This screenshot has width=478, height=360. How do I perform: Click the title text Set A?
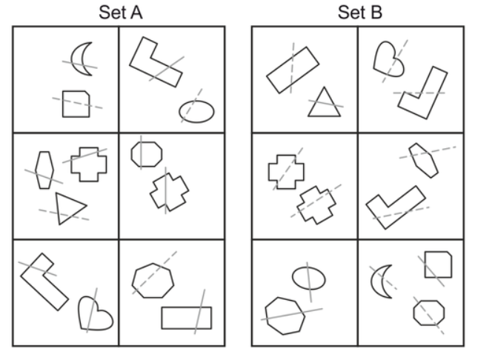[118, 13]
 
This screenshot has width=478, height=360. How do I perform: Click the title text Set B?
[359, 13]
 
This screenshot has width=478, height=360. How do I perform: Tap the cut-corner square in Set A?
[76, 103]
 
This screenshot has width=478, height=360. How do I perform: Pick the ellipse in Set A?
[196, 110]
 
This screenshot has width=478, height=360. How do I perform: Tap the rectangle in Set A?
[186, 317]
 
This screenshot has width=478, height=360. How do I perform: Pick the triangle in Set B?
[324, 103]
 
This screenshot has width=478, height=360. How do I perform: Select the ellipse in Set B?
[308, 277]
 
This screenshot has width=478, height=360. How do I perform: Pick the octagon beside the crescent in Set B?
[428, 313]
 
